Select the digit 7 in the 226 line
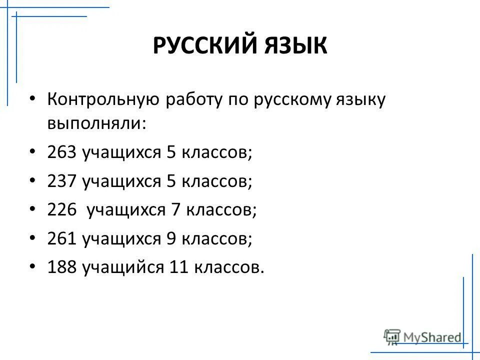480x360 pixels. pos(175,210)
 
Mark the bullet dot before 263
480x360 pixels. pos(32,152)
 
